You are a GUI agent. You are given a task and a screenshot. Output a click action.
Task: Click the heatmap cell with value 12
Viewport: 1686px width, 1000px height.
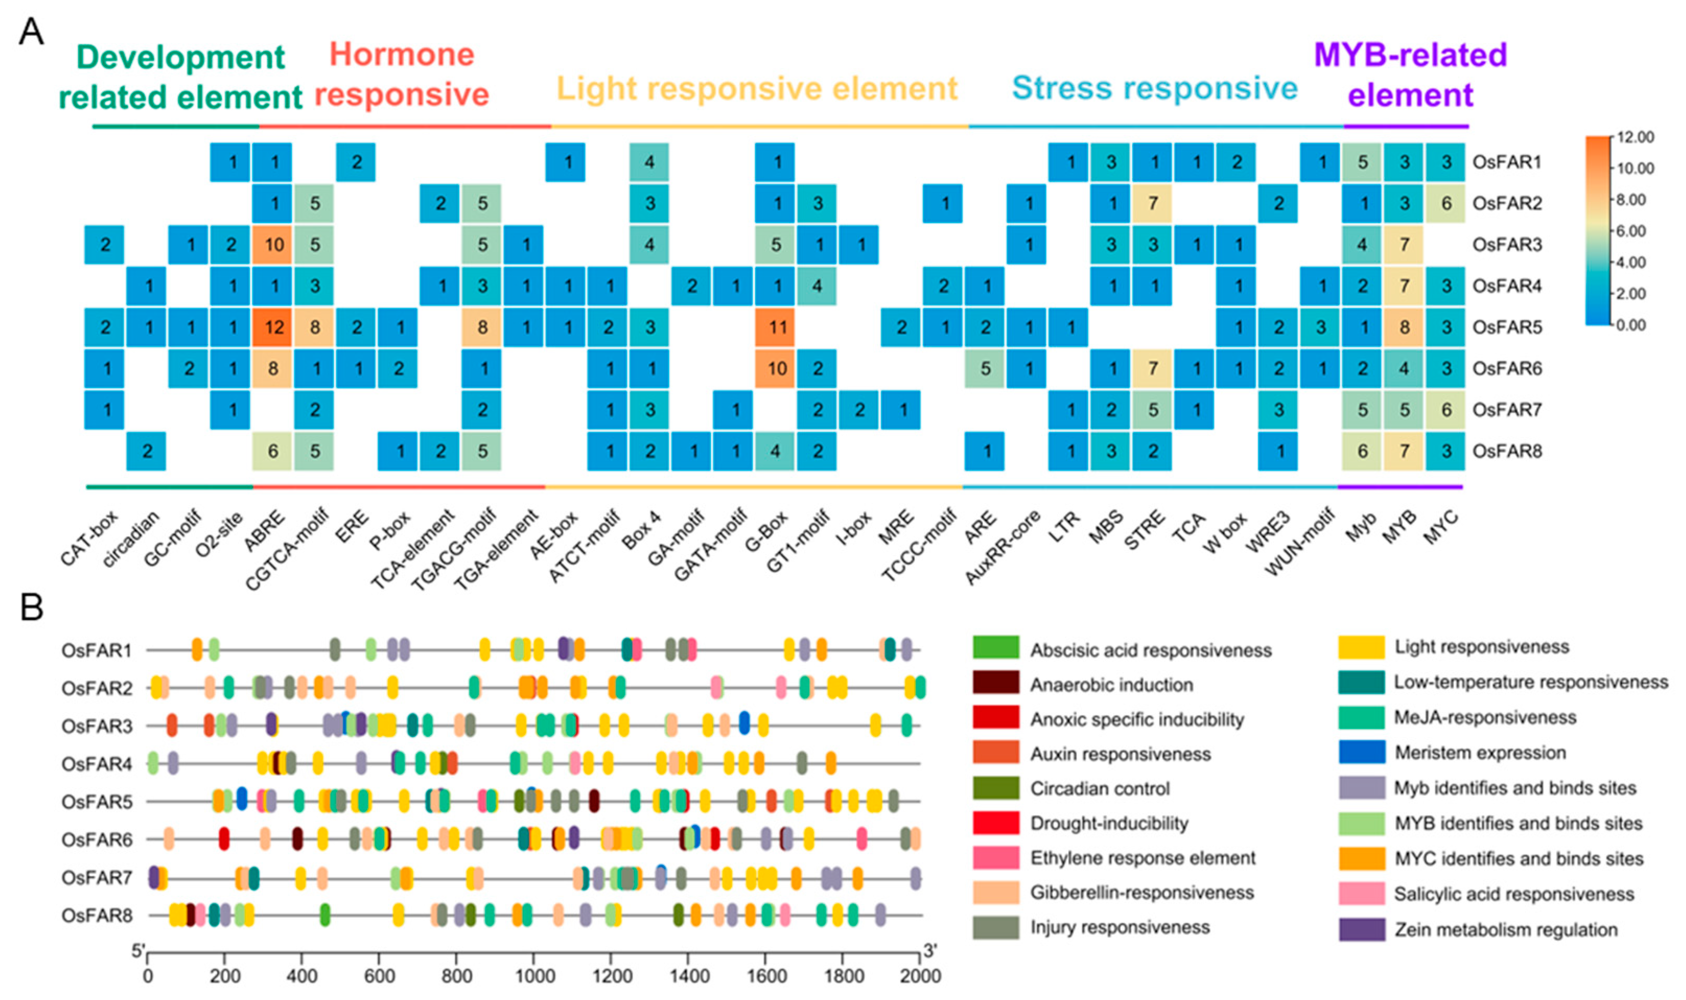tap(273, 328)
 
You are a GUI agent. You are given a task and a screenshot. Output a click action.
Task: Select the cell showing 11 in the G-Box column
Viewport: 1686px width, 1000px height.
tap(776, 328)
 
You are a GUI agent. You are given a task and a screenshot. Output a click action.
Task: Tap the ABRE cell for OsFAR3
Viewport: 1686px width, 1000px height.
tap(273, 245)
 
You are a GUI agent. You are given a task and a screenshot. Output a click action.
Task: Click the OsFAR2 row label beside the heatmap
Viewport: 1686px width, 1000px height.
tap(1507, 204)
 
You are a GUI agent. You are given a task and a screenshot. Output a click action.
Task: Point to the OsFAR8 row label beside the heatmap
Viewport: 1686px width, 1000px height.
tap(1507, 451)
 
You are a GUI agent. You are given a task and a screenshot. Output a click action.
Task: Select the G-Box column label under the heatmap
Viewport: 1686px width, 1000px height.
tap(767, 532)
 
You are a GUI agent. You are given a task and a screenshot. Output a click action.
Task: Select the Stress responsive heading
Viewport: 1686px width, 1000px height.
tap(1154, 88)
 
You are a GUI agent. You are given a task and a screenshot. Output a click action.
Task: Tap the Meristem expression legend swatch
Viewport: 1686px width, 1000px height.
tap(1361, 752)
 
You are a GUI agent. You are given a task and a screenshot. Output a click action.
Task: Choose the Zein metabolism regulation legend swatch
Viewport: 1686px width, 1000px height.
tap(1361, 929)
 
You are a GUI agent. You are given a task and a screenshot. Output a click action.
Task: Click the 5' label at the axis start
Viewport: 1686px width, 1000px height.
tap(138, 951)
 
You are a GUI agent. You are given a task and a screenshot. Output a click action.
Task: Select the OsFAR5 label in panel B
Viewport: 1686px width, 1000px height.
tap(97, 802)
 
